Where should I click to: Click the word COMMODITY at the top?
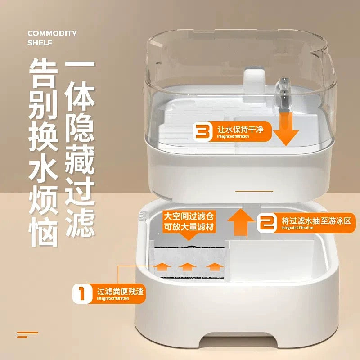click(52, 33)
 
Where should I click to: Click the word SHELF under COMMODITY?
click(40, 43)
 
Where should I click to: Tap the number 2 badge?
click(267, 222)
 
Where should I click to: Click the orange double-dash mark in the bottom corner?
click(27, 334)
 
